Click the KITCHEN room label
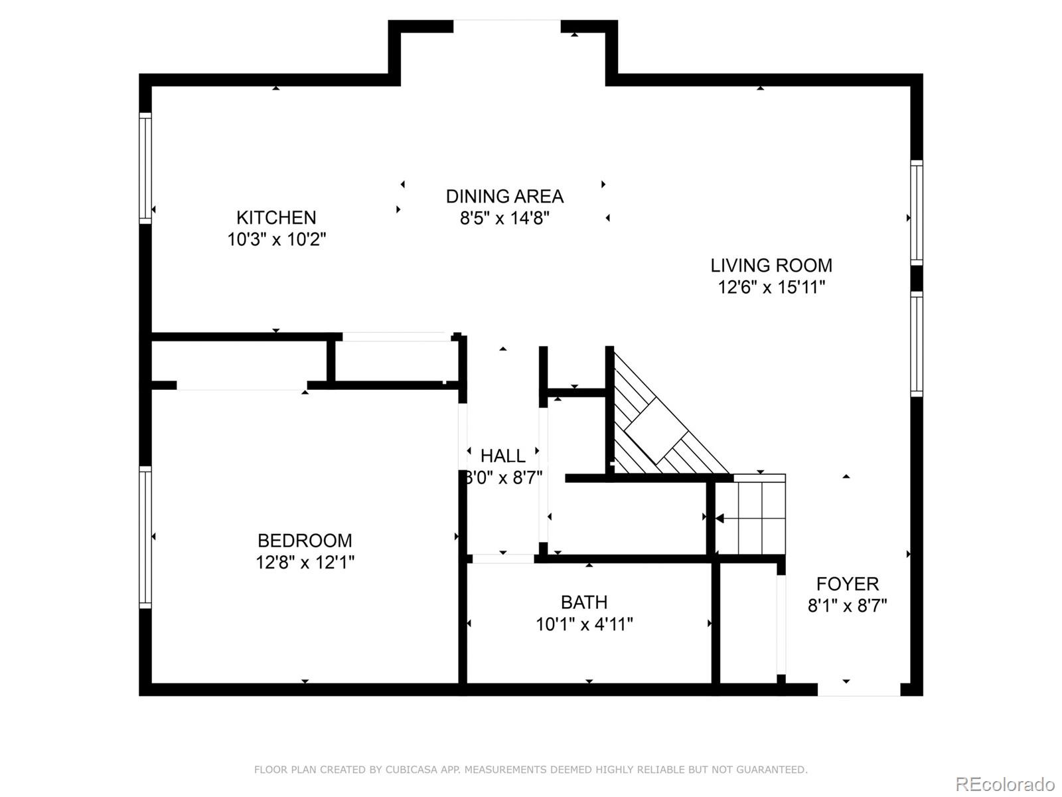276,218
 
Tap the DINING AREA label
504,197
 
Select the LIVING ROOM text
771,265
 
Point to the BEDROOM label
305,540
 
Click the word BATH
584,602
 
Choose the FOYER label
847,584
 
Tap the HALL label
502,456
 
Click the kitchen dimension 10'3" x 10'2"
277,240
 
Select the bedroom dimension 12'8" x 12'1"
305,563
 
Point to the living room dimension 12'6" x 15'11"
771,288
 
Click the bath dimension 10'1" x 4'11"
584,624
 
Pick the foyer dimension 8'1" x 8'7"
847,606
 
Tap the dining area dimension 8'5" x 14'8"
504,219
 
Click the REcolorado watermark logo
1006,784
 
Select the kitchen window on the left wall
145,169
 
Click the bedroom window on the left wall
145,537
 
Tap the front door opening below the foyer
859,689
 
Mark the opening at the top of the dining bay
506,26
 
